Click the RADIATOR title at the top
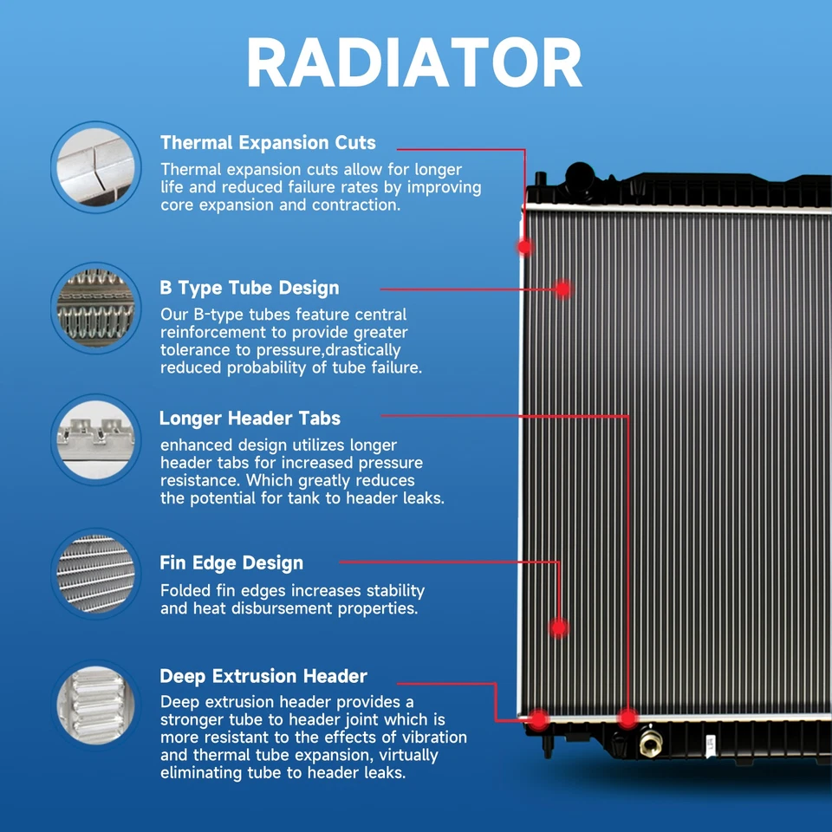[414, 62]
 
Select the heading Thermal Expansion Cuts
[268, 143]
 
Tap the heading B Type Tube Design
[249, 288]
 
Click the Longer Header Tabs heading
[250, 419]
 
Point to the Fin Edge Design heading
[231, 563]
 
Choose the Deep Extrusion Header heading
[263, 676]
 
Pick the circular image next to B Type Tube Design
[95, 309]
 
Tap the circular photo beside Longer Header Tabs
[95, 438]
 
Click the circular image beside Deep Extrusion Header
[95, 703]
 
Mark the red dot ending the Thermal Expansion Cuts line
[524, 247]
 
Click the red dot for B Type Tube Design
[563, 289]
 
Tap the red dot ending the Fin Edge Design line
[559, 626]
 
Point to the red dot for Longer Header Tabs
[627, 718]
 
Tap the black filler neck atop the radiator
[577, 178]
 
